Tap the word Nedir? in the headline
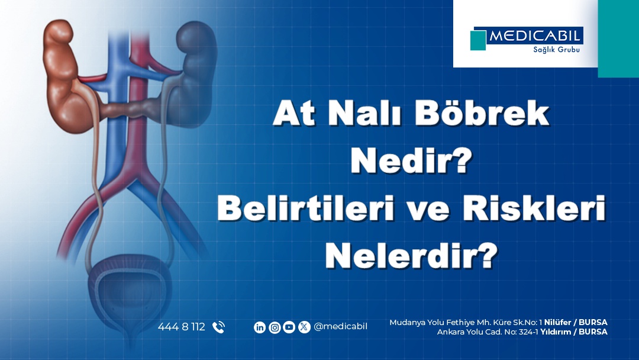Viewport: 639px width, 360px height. (411, 161)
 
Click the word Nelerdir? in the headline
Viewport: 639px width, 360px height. (412, 256)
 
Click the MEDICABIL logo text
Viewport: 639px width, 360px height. (534, 36)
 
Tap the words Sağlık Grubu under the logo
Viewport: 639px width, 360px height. (556, 50)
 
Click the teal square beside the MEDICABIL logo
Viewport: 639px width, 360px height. (478, 40)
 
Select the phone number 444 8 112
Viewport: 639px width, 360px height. (182, 327)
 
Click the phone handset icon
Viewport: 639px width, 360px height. (219, 327)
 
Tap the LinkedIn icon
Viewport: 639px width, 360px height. (260, 327)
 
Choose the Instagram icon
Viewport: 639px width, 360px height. (275, 327)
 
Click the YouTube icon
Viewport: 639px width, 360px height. (289, 327)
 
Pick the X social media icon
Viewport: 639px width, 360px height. (304, 327)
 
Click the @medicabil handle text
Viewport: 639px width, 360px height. (340, 327)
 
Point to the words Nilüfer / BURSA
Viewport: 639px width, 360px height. (576, 323)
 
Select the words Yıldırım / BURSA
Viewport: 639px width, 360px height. (574, 332)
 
